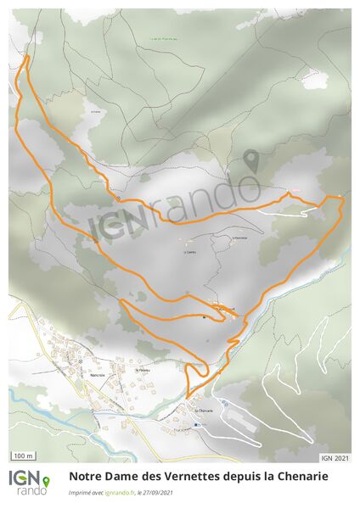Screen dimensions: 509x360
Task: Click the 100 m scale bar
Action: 24,456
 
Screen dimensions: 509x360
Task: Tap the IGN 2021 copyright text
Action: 335,458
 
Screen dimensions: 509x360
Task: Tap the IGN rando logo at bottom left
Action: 29,483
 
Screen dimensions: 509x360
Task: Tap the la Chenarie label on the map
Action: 202,410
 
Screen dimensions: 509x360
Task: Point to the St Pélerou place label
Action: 143,370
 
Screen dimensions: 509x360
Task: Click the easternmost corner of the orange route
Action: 343,198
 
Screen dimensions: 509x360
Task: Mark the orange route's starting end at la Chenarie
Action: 188,398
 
